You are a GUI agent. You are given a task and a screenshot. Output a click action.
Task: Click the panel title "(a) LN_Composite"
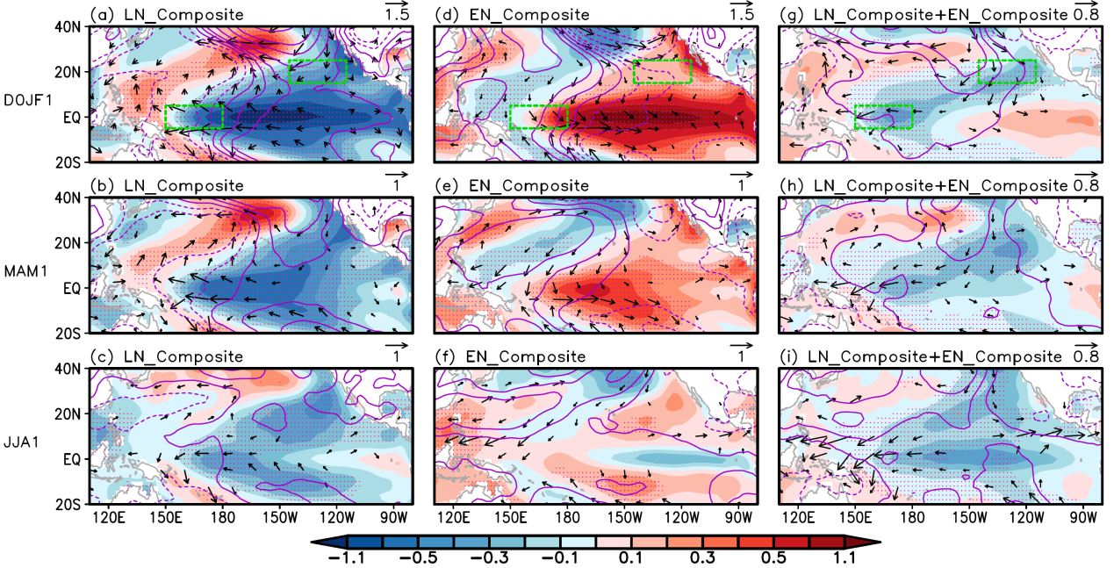pyautogui.click(x=166, y=14)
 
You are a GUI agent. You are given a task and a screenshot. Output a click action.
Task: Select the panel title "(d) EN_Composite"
pyautogui.click(x=513, y=14)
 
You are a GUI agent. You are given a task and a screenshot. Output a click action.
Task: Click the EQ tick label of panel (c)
pyautogui.click(x=72, y=459)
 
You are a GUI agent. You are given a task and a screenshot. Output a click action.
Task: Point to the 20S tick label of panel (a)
pyautogui.click(x=68, y=162)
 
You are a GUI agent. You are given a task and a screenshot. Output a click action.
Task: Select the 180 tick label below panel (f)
pyautogui.click(x=568, y=519)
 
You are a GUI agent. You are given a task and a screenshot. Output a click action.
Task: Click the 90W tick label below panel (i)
pyautogui.click(x=1082, y=519)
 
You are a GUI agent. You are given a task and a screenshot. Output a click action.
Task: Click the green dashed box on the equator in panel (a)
pyautogui.click(x=194, y=118)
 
